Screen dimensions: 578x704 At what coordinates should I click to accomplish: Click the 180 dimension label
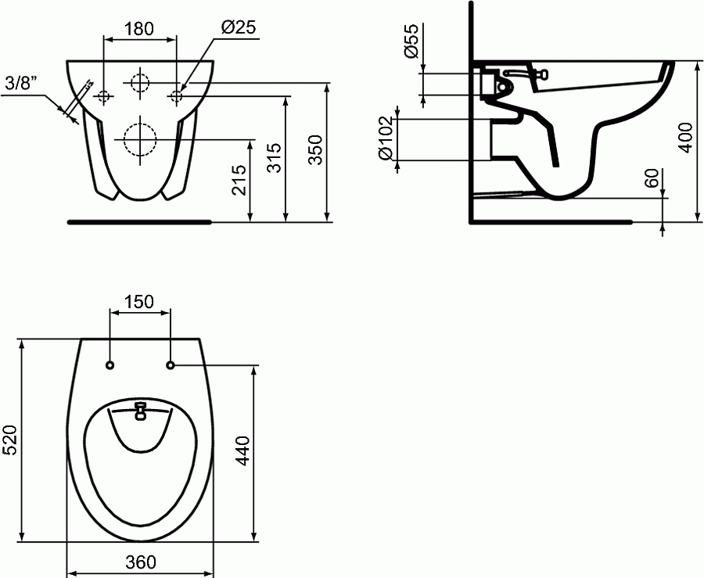click(138, 29)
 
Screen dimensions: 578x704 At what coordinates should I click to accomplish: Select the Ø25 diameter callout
click(239, 27)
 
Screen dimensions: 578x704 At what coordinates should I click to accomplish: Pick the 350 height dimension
click(315, 149)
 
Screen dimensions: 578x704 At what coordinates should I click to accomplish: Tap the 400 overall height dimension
click(686, 138)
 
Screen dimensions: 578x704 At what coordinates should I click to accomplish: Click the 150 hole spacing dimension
click(140, 302)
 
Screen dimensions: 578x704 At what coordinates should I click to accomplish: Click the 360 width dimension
click(140, 562)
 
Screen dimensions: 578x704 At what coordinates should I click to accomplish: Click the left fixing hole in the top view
click(110, 364)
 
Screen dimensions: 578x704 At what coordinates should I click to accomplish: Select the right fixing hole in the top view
click(171, 364)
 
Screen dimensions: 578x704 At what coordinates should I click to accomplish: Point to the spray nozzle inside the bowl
click(141, 410)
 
